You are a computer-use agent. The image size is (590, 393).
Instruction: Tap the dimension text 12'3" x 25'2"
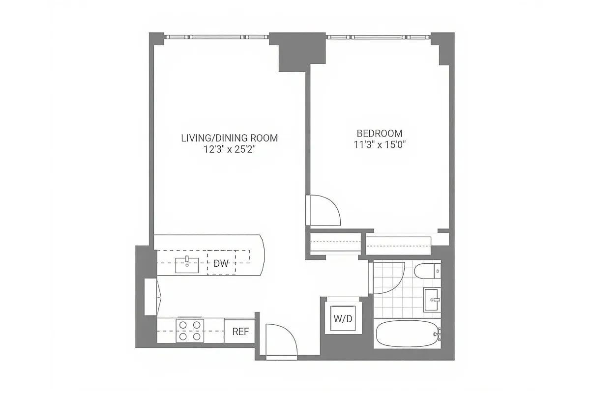(x=230, y=149)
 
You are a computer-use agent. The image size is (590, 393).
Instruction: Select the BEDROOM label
(x=379, y=133)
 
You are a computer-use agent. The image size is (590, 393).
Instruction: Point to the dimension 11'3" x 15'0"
(x=379, y=145)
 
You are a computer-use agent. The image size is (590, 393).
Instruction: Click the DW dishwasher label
(x=221, y=263)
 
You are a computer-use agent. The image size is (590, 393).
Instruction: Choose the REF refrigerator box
(x=240, y=331)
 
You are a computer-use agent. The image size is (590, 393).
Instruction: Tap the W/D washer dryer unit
(x=343, y=318)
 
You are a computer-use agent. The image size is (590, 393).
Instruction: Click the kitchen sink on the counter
(x=187, y=264)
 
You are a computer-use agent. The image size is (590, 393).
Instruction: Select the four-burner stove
(x=190, y=330)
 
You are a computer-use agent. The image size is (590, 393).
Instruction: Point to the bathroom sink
(x=432, y=300)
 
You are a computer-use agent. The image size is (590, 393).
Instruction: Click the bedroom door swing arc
(x=325, y=209)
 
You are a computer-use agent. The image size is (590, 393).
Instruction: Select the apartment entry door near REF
(x=282, y=340)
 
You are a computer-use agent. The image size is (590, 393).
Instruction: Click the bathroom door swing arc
(x=388, y=278)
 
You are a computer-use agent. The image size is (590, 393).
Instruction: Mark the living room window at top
(x=216, y=36)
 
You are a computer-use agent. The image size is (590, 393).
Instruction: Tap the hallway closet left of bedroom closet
(x=334, y=243)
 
